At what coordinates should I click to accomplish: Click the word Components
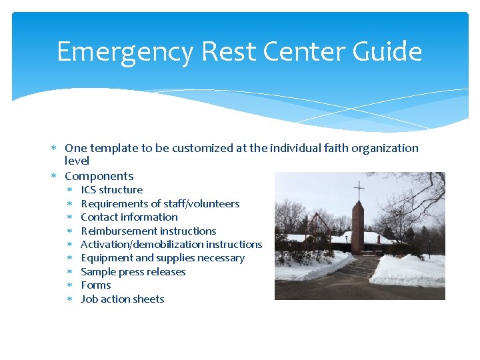click(99, 176)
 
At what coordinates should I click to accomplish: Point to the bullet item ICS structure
click(111, 190)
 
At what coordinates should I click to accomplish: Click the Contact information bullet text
click(129, 217)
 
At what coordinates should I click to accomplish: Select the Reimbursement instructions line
click(148, 231)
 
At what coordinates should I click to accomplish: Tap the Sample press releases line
click(133, 272)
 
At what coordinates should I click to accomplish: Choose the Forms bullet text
click(95, 285)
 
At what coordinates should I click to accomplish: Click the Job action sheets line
click(122, 299)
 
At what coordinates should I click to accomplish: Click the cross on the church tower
click(359, 191)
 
